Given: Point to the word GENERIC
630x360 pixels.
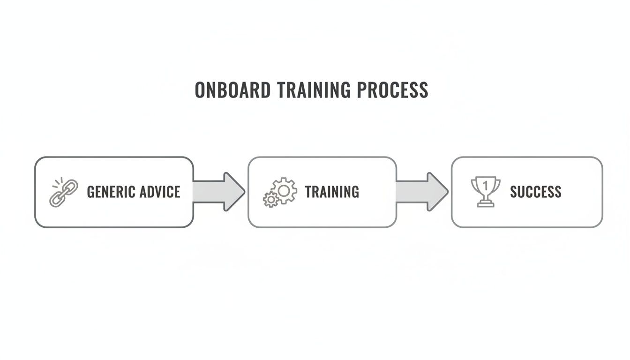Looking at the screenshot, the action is (x=110, y=192).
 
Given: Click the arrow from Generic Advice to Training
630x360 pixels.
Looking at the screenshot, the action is (x=218, y=191).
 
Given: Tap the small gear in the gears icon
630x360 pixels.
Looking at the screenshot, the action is (x=270, y=200).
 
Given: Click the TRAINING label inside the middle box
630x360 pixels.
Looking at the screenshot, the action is (x=332, y=192).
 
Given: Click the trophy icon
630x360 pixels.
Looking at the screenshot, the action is (x=485, y=191).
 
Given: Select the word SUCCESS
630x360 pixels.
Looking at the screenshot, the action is (x=535, y=192).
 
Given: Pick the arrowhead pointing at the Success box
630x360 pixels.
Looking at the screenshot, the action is (x=437, y=191).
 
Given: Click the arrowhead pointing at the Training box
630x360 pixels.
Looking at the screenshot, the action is (x=234, y=191).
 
